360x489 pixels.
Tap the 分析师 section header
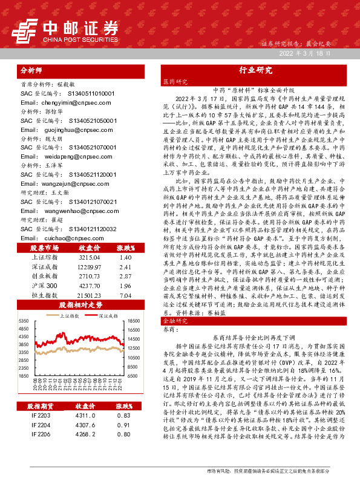[33, 70]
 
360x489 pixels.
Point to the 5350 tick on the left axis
[25, 320]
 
